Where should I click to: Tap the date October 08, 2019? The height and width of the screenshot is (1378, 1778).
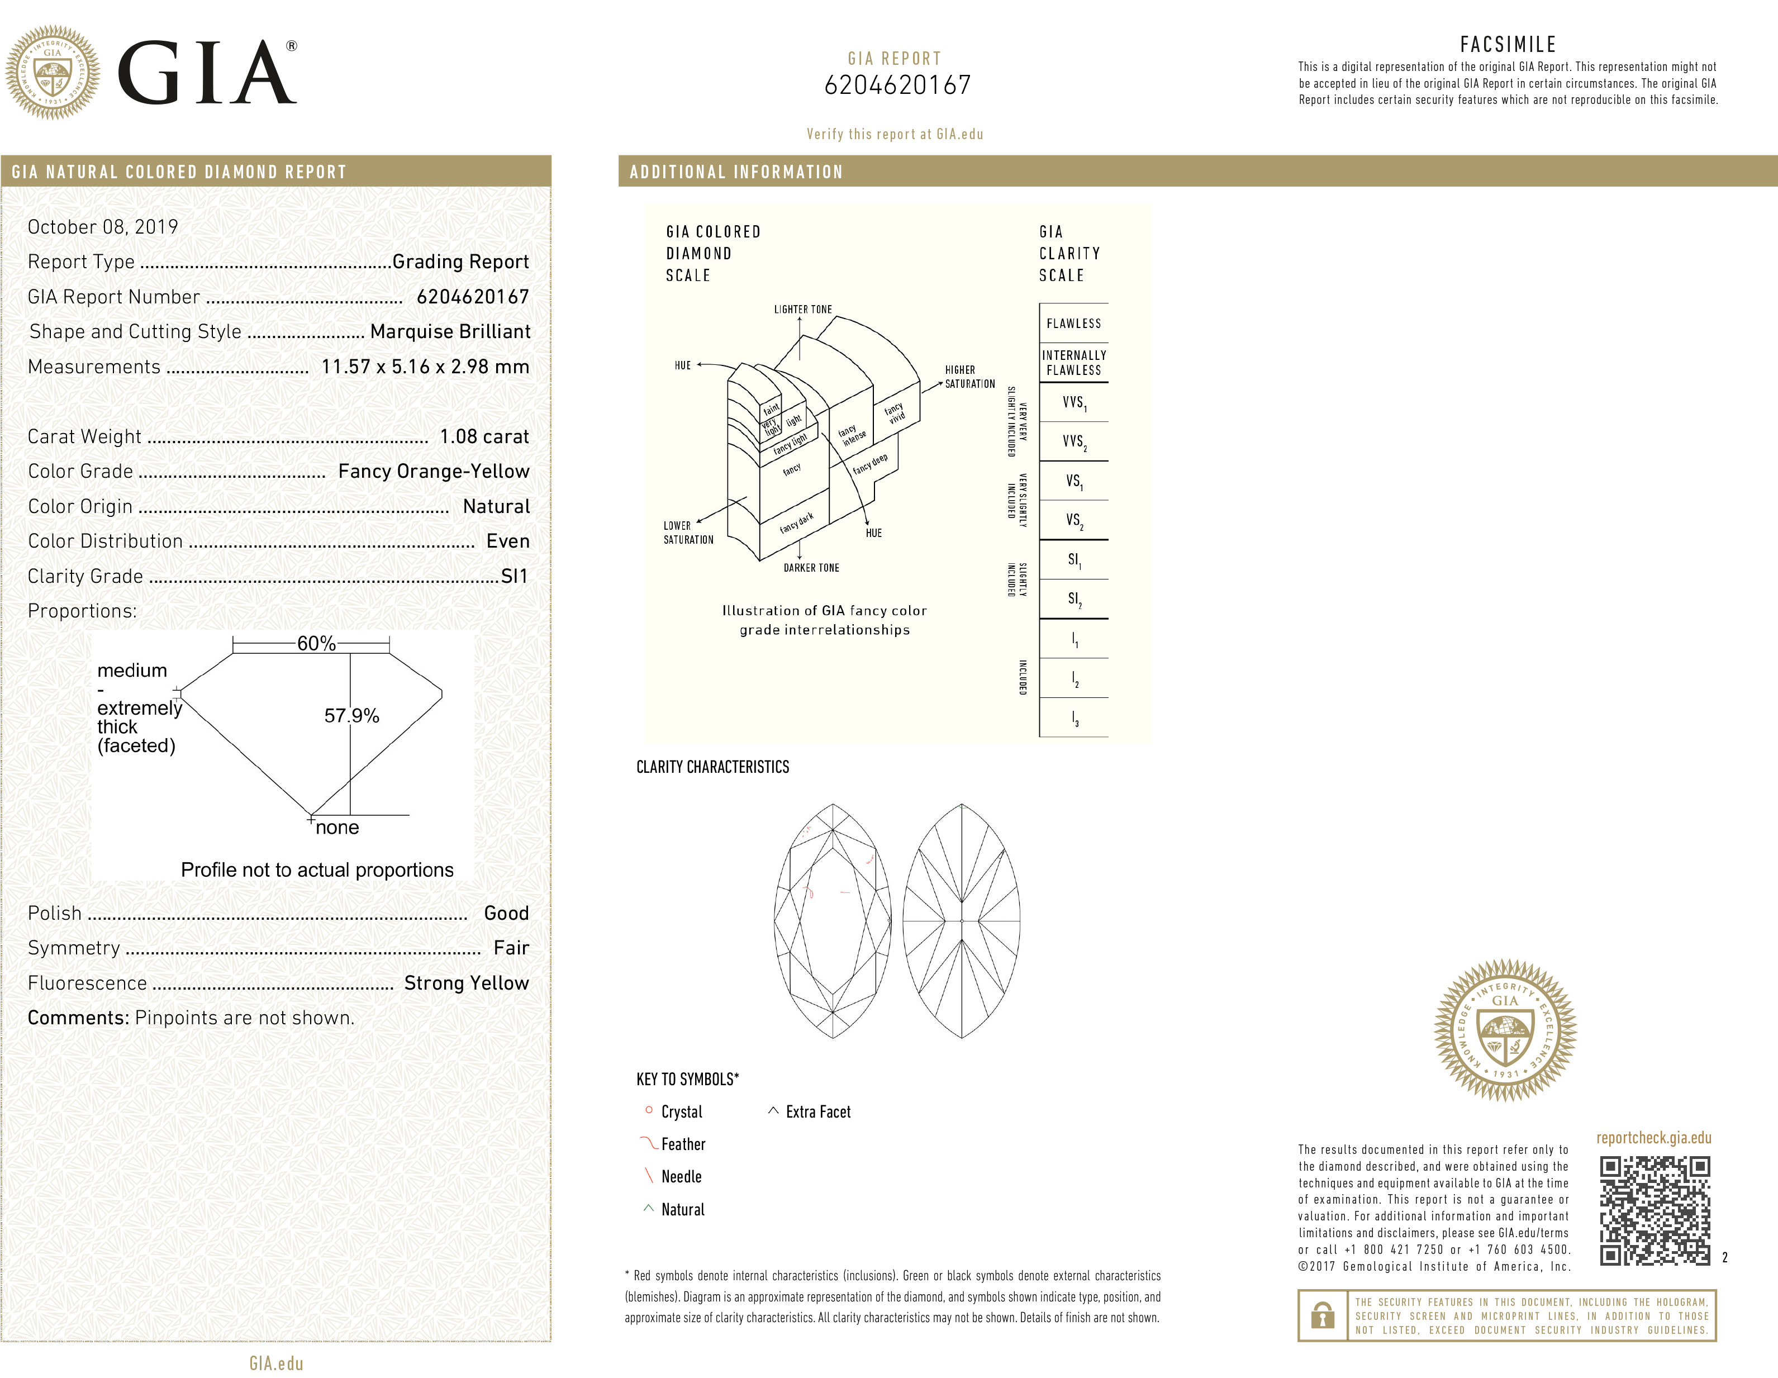(x=103, y=227)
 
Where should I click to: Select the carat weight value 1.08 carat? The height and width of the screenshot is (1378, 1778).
(x=483, y=437)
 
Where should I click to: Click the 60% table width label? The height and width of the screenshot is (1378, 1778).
(x=316, y=644)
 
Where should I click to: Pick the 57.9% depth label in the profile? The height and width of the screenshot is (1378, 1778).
(x=351, y=715)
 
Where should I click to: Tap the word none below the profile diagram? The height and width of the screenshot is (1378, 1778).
(x=337, y=828)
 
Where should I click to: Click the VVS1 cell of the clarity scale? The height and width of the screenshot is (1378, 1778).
(x=1073, y=403)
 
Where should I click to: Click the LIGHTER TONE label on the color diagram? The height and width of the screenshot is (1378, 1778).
(x=803, y=310)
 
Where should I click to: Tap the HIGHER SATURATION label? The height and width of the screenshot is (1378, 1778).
(x=969, y=377)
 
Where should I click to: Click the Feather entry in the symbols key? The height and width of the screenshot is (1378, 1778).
(x=682, y=1144)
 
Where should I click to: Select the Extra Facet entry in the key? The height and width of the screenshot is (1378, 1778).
(x=817, y=1112)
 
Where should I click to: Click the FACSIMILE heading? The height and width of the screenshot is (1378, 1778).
(x=1507, y=45)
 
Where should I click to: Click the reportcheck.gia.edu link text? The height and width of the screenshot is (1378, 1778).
(x=1653, y=1138)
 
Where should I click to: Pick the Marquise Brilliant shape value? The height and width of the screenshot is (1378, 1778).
(x=449, y=332)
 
